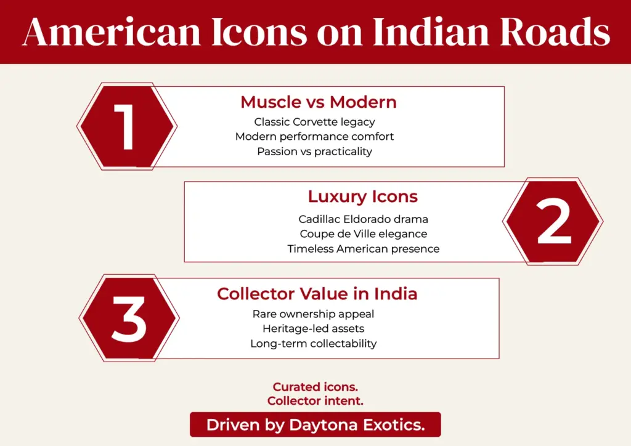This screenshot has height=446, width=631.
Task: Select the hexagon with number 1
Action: click(127, 126)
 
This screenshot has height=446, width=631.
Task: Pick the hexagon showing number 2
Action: click(553, 222)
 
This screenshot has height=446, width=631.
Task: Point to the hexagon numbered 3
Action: click(129, 318)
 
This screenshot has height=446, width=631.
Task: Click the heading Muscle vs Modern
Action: click(318, 102)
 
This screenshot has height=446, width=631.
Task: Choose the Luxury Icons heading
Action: click(362, 197)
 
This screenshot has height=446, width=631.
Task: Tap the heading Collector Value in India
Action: click(317, 294)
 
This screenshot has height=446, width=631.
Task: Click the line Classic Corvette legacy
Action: click(314, 122)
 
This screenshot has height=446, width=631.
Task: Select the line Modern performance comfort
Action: click(314, 136)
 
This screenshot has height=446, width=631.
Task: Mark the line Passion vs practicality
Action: click(314, 151)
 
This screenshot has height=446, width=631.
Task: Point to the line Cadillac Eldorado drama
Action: click(363, 219)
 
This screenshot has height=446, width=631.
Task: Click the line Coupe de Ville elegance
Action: click(363, 233)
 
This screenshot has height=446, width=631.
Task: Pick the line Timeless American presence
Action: click(363, 249)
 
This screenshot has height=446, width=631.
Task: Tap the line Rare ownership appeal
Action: click(313, 314)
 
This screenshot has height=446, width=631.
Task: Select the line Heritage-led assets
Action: click(313, 328)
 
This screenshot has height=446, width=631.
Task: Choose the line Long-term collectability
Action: click(313, 343)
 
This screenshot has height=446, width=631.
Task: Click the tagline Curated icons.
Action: click(315, 387)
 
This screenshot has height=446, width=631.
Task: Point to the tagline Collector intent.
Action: click(315, 400)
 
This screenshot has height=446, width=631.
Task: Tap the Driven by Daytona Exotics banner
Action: click(315, 424)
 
